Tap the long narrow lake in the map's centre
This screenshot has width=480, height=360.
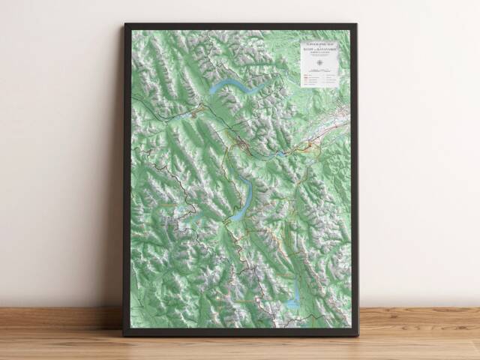coord(244,199)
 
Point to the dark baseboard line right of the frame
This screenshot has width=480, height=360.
coord(420,307)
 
